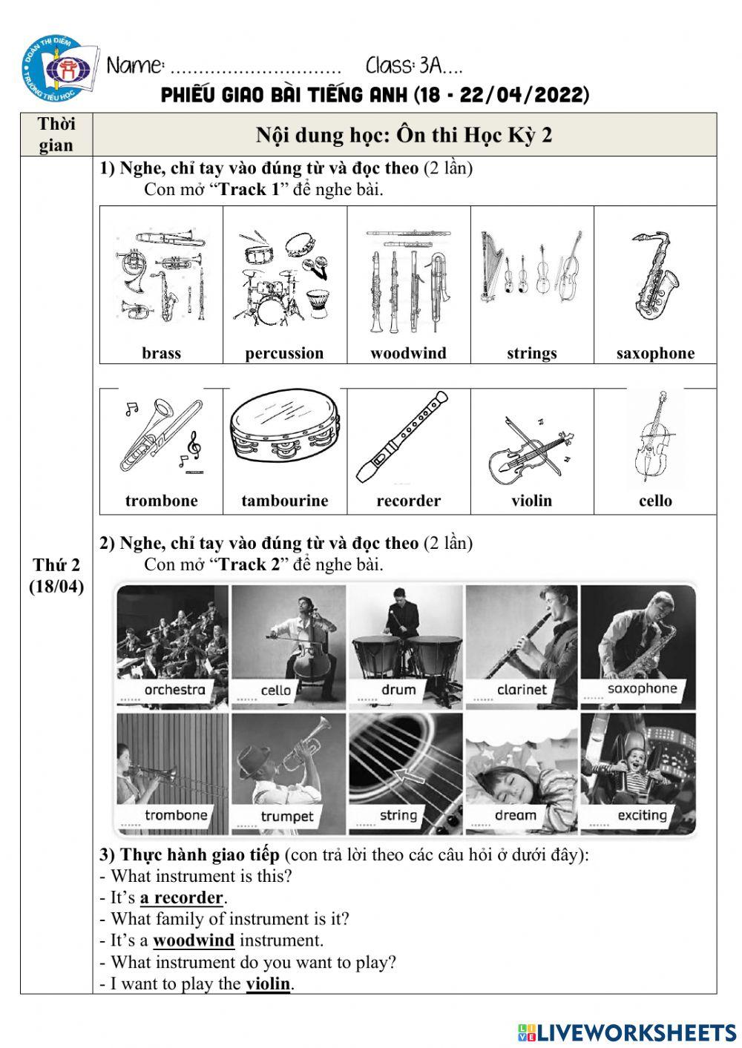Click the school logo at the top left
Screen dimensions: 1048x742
click(59, 70)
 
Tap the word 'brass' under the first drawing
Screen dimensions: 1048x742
click(161, 353)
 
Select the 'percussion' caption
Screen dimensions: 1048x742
click(284, 353)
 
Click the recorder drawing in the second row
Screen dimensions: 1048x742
click(403, 438)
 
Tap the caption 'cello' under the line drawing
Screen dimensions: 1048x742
click(655, 501)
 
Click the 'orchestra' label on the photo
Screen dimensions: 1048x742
click(174, 690)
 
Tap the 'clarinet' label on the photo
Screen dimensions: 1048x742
click(522, 690)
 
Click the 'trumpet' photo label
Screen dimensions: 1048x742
click(287, 817)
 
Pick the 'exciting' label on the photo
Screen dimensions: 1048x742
click(642, 816)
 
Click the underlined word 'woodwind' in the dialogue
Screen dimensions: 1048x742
click(194, 940)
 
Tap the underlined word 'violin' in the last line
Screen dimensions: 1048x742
click(268, 984)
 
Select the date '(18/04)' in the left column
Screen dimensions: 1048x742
click(56, 587)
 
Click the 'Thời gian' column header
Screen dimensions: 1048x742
click(56, 134)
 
